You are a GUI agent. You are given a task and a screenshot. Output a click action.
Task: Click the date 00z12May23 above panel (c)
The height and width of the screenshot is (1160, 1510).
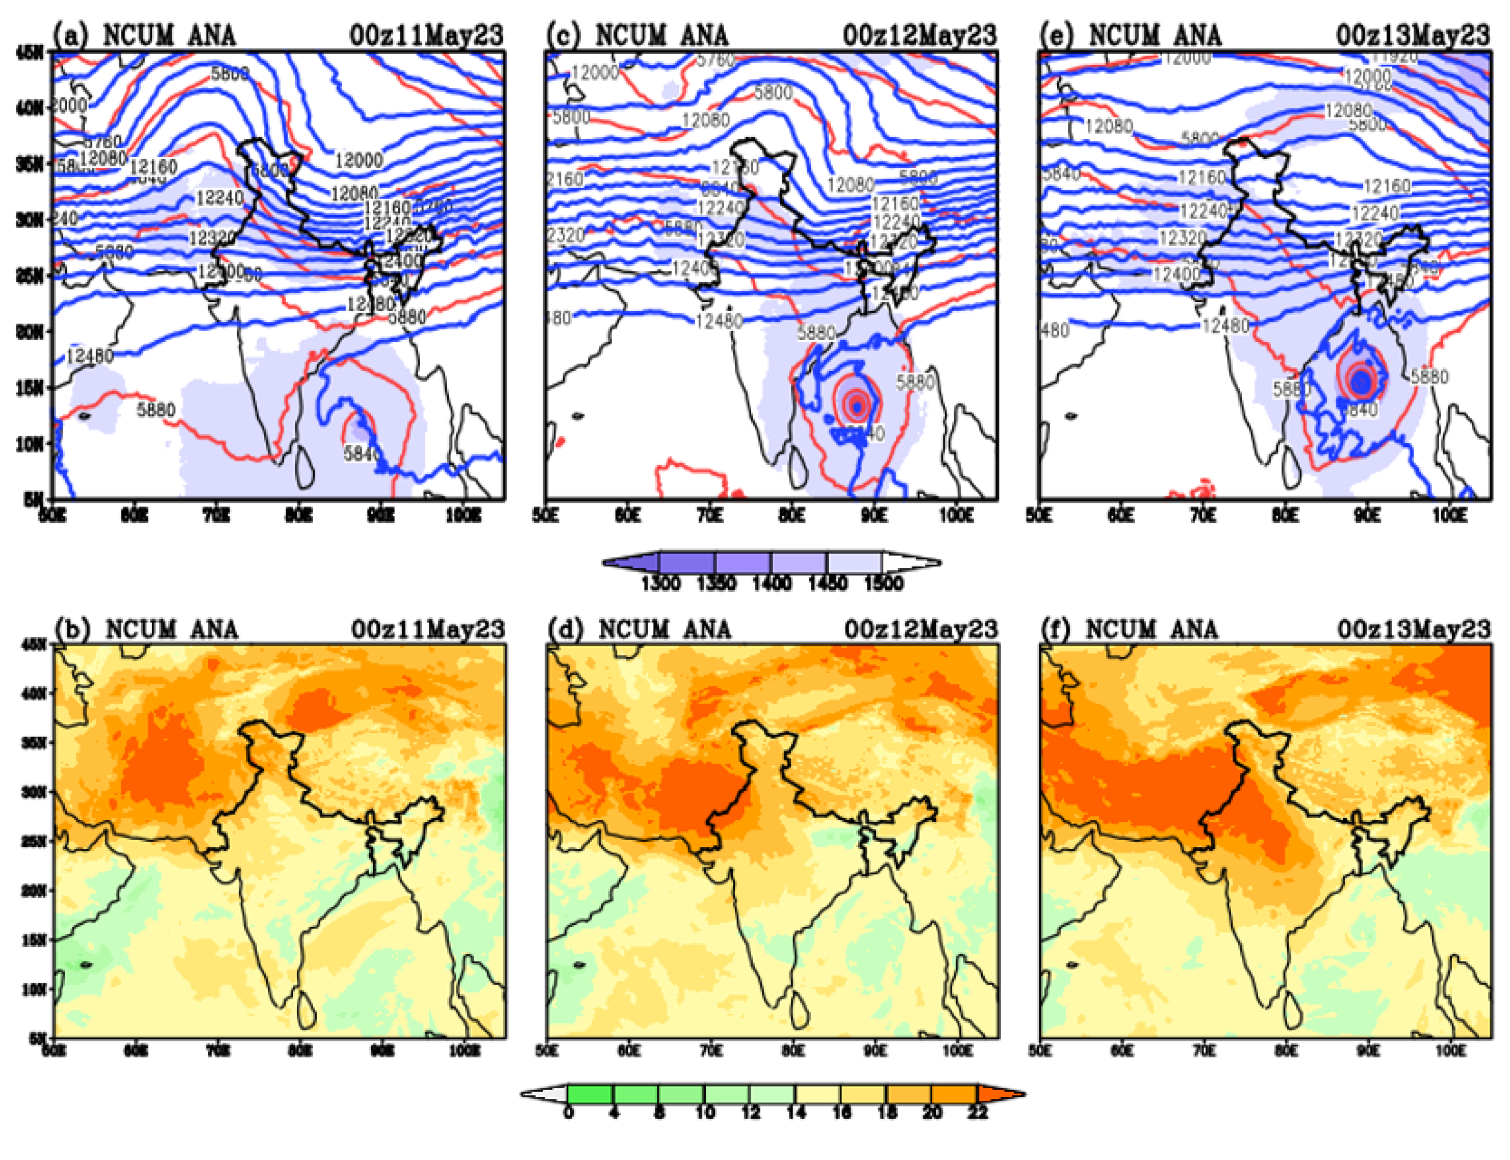(x=920, y=35)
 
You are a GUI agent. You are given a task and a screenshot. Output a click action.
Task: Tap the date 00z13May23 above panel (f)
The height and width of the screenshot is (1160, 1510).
(x=1414, y=629)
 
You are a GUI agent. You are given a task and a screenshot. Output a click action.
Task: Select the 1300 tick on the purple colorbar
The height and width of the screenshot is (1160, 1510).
(x=660, y=584)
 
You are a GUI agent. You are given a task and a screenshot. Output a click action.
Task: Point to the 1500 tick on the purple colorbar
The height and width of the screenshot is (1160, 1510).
(x=883, y=584)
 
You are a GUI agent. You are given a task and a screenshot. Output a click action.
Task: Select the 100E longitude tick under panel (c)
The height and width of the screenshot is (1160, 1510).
(x=957, y=516)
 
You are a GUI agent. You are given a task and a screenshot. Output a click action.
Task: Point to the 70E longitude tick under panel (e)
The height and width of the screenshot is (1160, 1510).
(x=1203, y=516)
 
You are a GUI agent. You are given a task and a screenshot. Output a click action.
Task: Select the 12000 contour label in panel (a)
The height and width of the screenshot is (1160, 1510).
(x=358, y=161)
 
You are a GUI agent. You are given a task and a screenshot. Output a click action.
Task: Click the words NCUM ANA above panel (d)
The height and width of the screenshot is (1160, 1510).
(x=664, y=629)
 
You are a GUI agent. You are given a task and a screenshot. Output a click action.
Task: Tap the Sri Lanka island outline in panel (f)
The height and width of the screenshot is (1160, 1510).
(x=1292, y=1009)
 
